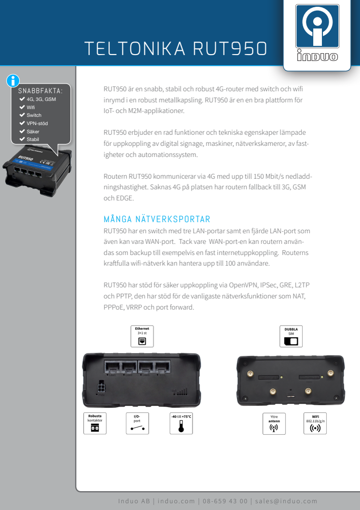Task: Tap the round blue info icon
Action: [13, 81]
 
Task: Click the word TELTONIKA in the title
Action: [135, 49]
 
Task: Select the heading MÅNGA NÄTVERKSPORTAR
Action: [157, 219]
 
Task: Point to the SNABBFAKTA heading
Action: [40, 91]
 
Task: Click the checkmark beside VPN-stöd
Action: [22, 123]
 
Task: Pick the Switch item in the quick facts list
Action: [34, 115]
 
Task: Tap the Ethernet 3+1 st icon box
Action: [142, 336]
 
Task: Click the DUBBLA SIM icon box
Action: [291, 336]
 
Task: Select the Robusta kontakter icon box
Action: [95, 424]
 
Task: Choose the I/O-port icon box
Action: [138, 424]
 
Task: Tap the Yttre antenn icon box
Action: [274, 424]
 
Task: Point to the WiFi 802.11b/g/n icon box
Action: [315, 424]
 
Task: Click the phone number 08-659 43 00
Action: [225, 501]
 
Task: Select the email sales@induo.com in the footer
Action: [286, 501]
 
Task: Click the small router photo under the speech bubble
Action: [37, 170]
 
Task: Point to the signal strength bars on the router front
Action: [180, 391]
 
